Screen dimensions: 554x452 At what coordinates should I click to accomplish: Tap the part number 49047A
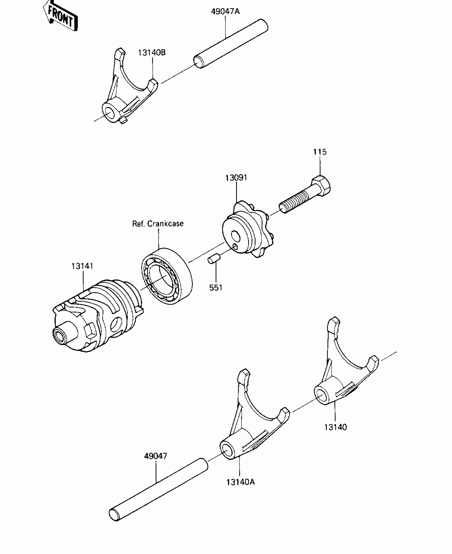click(x=225, y=11)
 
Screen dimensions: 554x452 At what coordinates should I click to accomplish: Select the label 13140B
click(x=152, y=53)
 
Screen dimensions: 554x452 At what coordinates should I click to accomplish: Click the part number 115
click(x=320, y=152)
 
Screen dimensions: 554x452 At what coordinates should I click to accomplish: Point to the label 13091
click(x=236, y=178)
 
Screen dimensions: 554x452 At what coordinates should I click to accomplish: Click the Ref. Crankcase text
click(x=158, y=224)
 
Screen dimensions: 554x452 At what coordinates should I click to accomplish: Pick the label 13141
click(x=82, y=266)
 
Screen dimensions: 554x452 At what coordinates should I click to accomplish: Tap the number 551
click(x=216, y=288)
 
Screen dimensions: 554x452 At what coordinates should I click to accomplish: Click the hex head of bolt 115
click(x=321, y=185)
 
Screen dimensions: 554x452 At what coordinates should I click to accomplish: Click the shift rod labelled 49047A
click(x=231, y=44)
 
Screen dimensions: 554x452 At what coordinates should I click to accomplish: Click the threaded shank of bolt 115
click(x=295, y=202)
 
